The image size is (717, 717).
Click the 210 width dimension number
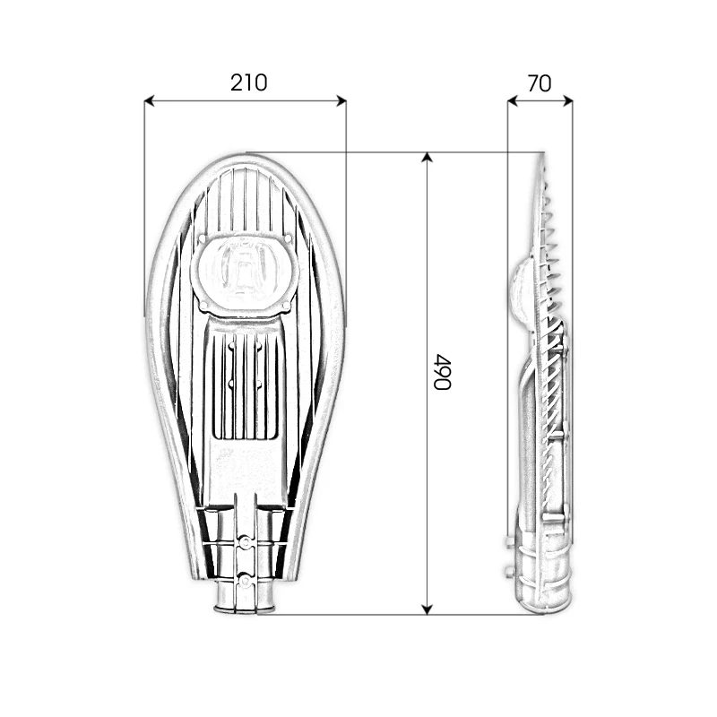[248, 83]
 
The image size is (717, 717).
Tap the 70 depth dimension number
[540, 83]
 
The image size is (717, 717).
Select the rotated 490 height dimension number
[441, 371]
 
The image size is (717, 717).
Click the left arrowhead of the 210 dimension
[150, 101]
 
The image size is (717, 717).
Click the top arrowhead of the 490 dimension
[428, 158]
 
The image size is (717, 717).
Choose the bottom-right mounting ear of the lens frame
[287, 307]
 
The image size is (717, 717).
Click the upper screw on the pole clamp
[244, 543]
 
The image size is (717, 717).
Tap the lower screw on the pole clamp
[244, 580]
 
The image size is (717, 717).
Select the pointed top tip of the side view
[542, 156]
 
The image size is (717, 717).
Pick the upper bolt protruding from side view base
[508, 542]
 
